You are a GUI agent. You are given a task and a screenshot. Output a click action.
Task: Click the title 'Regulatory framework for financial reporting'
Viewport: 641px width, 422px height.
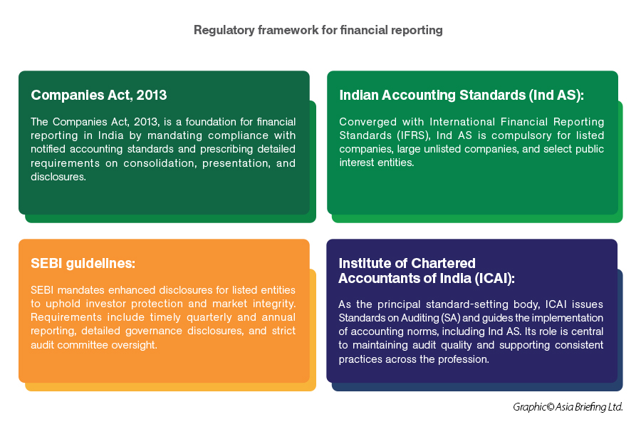coord(318,30)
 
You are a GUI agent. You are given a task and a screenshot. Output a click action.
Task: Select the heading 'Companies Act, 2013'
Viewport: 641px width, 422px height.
coord(99,95)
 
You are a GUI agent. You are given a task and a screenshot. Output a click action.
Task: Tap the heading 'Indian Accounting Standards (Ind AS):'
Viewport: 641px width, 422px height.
coord(462,95)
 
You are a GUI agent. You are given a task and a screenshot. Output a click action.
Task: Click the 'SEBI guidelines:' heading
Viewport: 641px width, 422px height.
coord(83,263)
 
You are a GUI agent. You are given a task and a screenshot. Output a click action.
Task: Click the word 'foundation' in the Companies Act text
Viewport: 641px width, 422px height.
coord(211,122)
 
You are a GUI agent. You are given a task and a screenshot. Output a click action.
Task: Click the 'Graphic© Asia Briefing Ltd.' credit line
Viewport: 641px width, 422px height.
coord(568,407)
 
